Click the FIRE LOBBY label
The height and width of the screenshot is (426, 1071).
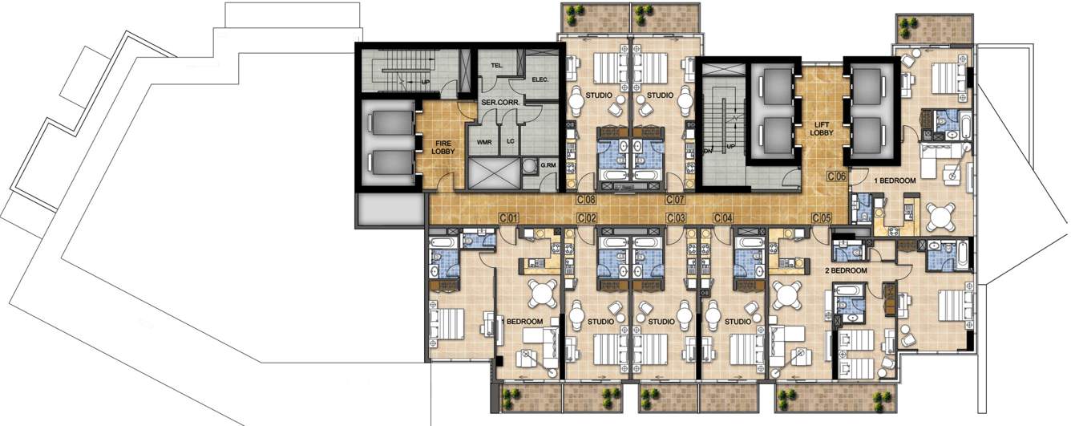coord(443,146)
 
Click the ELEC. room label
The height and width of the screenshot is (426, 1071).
coord(540,79)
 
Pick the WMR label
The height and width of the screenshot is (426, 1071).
coord(483,142)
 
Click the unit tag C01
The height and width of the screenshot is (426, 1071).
coord(510,217)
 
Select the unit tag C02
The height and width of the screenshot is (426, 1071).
coord(588,217)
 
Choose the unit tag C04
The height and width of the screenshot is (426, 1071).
coord(724,217)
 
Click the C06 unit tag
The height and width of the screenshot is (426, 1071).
coord(837,176)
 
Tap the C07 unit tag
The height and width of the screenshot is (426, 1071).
coord(674,199)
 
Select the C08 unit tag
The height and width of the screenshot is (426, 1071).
coord(586,199)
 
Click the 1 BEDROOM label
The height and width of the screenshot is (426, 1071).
coord(895,181)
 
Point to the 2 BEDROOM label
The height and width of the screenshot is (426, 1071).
coord(847,271)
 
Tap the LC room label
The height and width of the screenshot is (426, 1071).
coord(510,142)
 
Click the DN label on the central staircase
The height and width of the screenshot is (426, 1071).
coord(707,150)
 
